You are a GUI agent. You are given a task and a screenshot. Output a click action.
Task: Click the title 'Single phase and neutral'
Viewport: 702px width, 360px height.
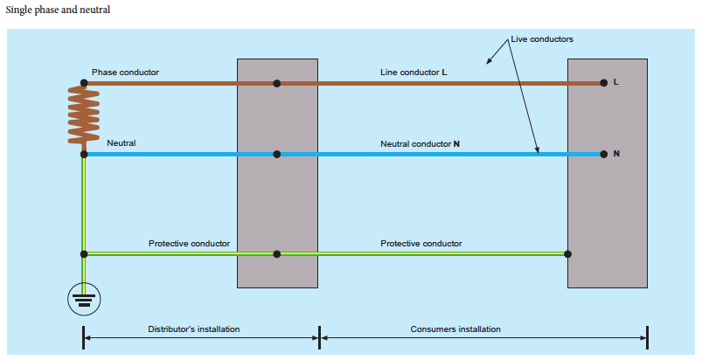58,10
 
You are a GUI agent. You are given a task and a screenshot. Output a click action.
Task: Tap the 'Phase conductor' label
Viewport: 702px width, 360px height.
125,72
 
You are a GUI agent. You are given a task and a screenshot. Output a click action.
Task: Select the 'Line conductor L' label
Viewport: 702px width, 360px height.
413,72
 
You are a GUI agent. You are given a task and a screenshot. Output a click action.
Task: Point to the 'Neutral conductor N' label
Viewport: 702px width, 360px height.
420,142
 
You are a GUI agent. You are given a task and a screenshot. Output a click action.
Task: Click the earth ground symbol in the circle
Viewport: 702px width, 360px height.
84,301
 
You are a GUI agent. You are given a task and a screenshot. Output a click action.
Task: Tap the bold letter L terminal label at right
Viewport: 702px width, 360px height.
616,83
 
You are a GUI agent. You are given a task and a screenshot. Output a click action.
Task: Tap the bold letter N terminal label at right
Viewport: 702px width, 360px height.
616,154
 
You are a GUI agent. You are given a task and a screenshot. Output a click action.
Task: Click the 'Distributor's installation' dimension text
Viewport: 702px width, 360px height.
193,329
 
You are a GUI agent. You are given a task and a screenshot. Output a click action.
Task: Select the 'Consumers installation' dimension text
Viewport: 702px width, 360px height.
455,329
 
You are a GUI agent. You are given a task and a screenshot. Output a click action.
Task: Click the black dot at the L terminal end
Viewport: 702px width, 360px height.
603,83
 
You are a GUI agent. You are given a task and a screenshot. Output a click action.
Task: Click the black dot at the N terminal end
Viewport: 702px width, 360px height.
603,154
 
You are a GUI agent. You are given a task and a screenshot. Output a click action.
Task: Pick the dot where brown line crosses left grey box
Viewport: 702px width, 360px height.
277,83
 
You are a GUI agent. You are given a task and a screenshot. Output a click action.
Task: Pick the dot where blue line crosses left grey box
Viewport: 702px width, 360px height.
277,154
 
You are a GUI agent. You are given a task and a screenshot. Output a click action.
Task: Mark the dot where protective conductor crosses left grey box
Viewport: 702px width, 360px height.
277,254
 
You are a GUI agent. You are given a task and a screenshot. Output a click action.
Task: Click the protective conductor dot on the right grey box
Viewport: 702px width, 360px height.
568,254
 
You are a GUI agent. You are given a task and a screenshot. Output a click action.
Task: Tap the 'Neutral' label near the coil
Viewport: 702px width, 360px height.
122,142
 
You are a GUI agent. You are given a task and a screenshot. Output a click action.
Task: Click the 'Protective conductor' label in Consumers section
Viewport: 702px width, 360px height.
421,243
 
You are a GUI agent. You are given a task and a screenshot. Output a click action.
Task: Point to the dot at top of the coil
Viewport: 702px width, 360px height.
84,83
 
